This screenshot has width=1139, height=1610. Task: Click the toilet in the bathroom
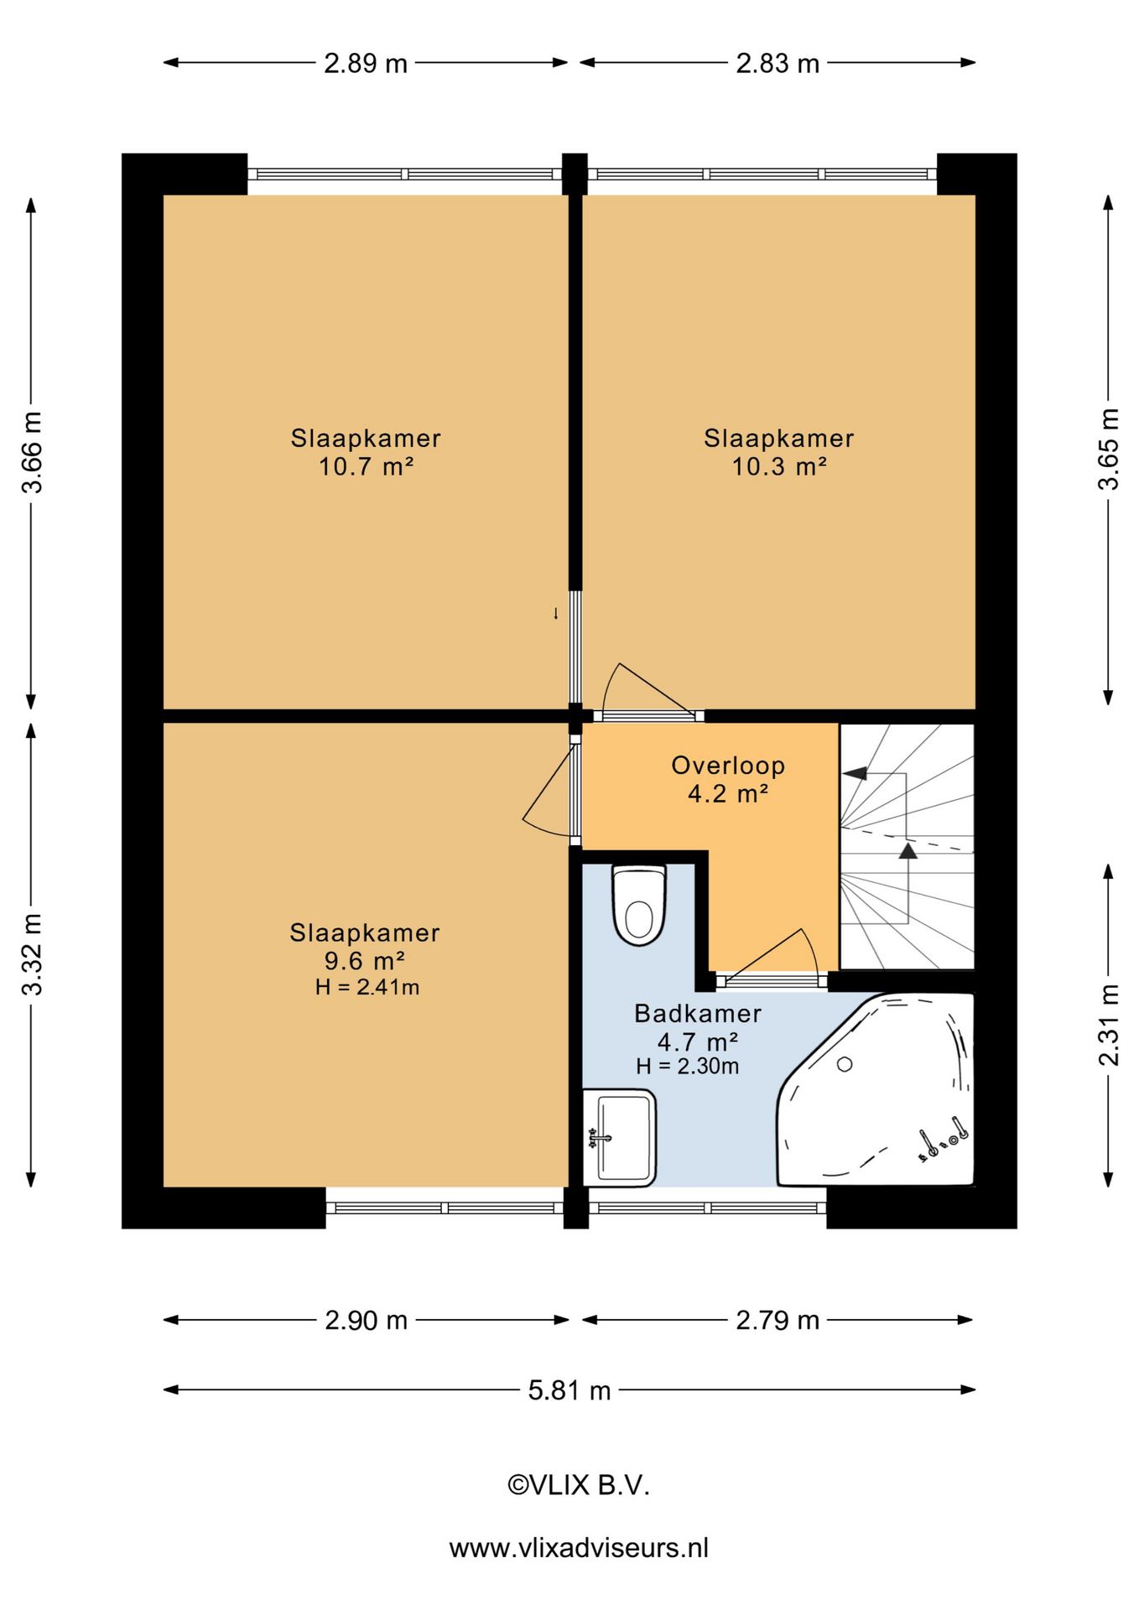click(639, 905)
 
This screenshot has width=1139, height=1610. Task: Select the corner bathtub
click(876, 1089)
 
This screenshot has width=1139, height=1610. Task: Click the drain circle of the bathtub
click(845, 1064)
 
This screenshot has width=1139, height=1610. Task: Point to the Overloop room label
click(728, 765)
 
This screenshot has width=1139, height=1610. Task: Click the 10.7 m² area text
click(366, 466)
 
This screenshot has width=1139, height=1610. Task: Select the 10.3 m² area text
click(779, 466)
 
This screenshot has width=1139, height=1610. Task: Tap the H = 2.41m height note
click(367, 987)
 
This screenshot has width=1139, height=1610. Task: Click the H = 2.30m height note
click(688, 1066)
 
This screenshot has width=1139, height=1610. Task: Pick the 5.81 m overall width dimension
click(569, 1390)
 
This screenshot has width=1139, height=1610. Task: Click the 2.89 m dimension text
click(366, 63)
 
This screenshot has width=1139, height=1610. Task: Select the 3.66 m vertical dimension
click(31, 452)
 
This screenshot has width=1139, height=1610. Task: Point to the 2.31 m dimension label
click(1109, 1025)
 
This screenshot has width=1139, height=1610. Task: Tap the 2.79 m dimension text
click(778, 1320)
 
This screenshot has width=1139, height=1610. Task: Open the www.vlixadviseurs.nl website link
click(579, 1547)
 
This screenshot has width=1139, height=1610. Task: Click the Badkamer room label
click(698, 1013)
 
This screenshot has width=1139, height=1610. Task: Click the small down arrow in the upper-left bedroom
click(555, 614)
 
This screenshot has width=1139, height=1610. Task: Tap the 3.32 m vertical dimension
click(31, 954)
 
